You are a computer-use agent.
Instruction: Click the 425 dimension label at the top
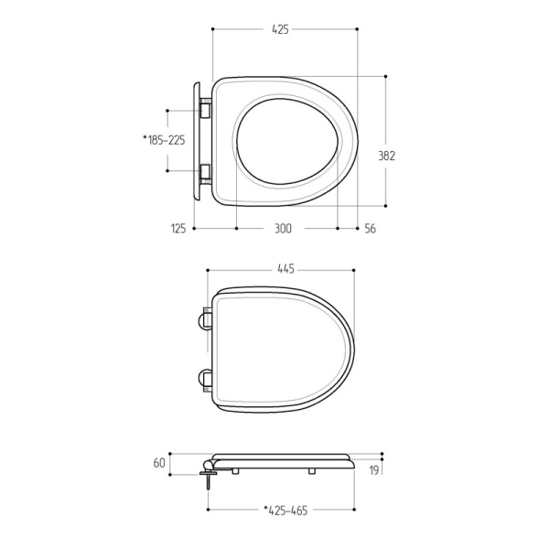point(281,29)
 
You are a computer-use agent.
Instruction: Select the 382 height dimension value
point(386,156)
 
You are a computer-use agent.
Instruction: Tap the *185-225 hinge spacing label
point(164,140)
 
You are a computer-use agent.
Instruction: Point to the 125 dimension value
point(178,229)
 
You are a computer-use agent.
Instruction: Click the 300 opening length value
point(283,229)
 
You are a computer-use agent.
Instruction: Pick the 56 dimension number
point(370,229)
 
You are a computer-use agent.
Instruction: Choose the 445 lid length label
point(286,269)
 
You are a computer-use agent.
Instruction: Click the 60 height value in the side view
point(159,463)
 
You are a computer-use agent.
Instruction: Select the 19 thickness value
point(374,470)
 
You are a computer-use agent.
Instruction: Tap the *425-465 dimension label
point(285,511)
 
